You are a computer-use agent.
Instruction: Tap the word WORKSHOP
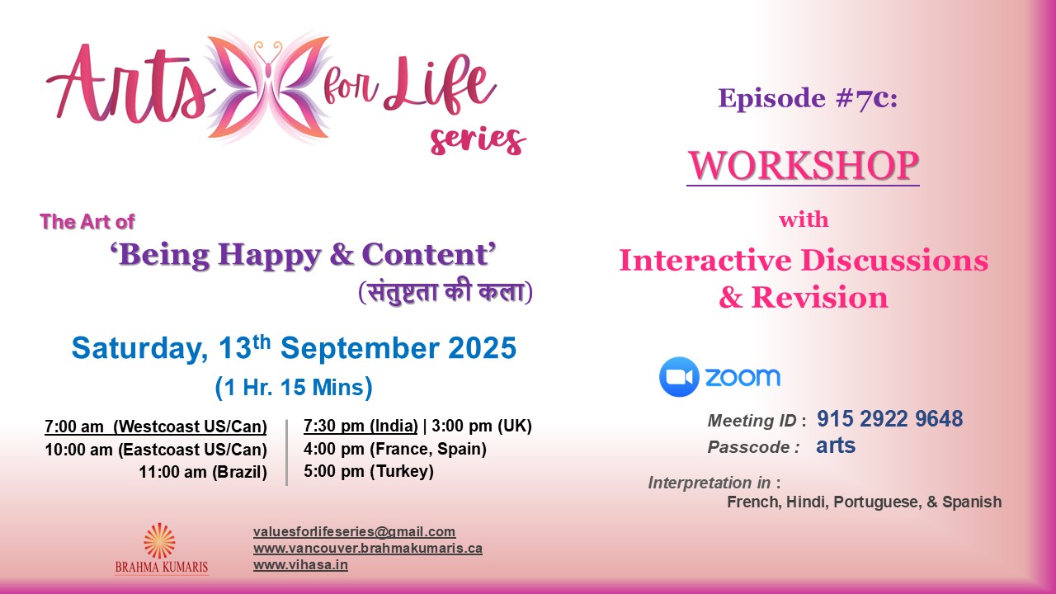[x=803, y=165]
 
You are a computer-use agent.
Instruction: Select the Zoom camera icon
[x=679, y=377]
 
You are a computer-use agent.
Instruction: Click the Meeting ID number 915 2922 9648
[x=889, y=419]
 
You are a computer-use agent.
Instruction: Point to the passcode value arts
[x=836, y=446]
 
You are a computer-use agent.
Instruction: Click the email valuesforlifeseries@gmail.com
[x=354, y=532]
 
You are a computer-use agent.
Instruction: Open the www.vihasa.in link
[x=300, y=565]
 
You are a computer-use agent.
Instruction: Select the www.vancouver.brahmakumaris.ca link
[x=367, y=549]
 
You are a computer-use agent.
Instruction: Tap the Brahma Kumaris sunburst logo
[x=160, y=541]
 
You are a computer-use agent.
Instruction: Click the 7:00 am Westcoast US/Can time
[x=156, y=427]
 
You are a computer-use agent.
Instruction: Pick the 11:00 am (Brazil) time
[x=203, y=473]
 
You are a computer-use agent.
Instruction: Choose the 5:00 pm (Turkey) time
[x=368, y=472]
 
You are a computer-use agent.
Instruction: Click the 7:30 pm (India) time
[x=360, y=427]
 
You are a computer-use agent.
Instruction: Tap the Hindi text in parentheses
[x=445, y=293]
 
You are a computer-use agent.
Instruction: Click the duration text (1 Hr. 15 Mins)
[x=294, y=387]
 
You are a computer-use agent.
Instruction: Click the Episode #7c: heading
[x=807, y=99]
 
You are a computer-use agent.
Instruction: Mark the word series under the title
[x=477, y=140]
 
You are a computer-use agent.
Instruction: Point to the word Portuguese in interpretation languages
[x=874, y=502]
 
